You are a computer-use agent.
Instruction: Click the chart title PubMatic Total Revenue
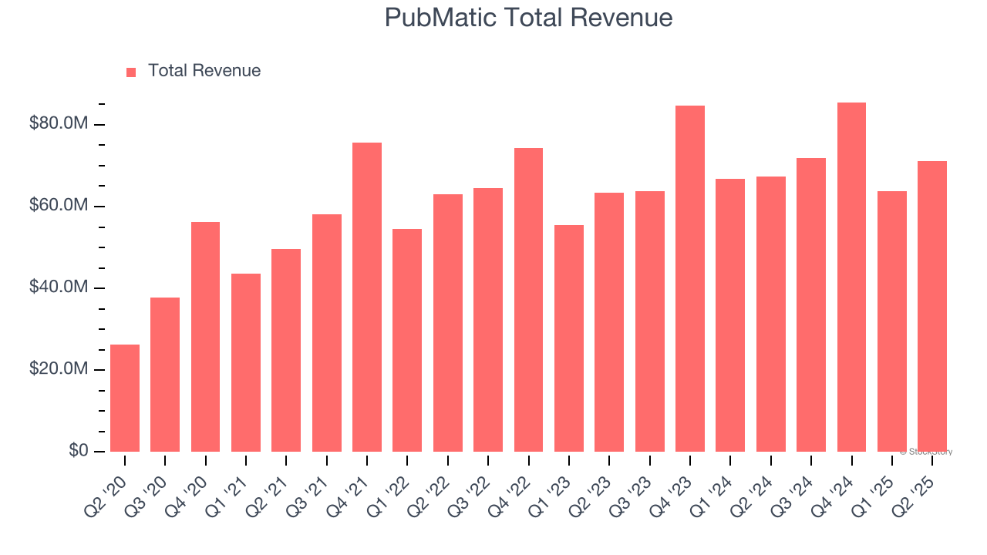click(528, 18)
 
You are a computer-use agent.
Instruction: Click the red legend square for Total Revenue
click(131, 72)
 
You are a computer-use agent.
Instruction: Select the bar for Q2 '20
click(125, 398)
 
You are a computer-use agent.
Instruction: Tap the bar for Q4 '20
click(206, 337)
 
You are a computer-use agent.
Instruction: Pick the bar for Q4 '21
click(367, 297)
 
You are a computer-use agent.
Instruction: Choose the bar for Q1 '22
click(407, 340)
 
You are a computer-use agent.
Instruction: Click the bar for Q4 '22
click(528, 300)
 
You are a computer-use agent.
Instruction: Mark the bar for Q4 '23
click(689, 278)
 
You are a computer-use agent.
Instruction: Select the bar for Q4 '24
click(851, 277)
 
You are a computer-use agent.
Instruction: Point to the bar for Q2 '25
click(931, 306)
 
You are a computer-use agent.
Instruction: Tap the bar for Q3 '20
click(165, 375)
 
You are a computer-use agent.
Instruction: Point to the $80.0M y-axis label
click(59, 124)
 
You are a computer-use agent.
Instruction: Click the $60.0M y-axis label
click(59, 206)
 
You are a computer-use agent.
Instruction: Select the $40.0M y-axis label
click(59, 288)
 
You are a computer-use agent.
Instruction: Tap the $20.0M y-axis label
click(59, 369)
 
